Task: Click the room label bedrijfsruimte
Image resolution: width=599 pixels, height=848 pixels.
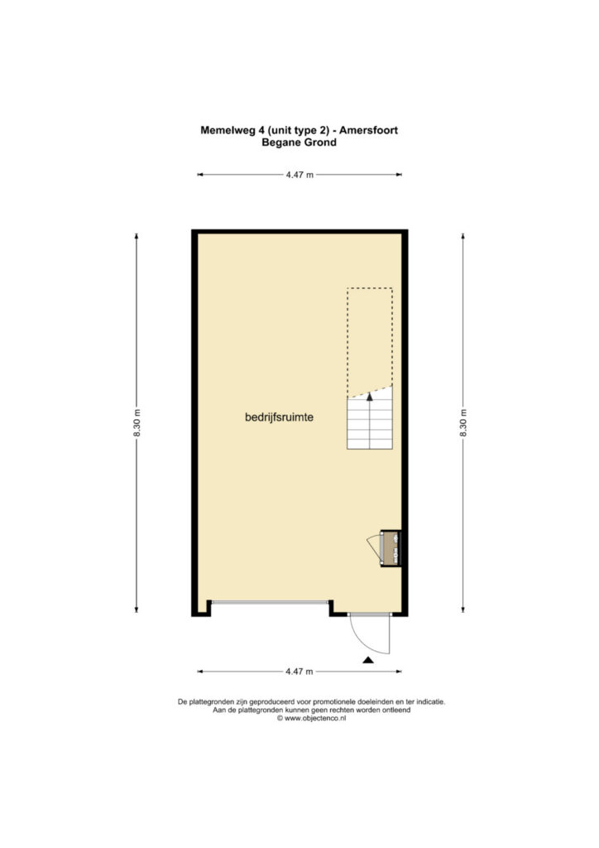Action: click(x=279, y=417)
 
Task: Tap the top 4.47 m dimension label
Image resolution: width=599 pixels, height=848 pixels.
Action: click(x=299, y=175)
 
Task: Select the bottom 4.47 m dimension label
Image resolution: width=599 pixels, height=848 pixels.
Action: click(x=299, y=672)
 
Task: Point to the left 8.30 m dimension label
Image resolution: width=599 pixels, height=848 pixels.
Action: click(x=137, y=423)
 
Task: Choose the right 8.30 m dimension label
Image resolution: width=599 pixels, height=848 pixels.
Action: click(x=462, y=423)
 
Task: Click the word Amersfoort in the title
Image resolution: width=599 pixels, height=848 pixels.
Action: click(x=368, y=130)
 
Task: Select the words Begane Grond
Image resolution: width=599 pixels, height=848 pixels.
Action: click(x=299, y=142)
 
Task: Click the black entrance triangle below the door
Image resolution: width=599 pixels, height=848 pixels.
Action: click(x=368, y=660)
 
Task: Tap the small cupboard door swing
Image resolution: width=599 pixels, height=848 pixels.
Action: click(x=374, y=546)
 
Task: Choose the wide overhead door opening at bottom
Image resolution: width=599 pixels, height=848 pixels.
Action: click(x=270, y=602)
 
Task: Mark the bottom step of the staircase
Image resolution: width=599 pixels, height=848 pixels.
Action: click(x=370, y=444)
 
